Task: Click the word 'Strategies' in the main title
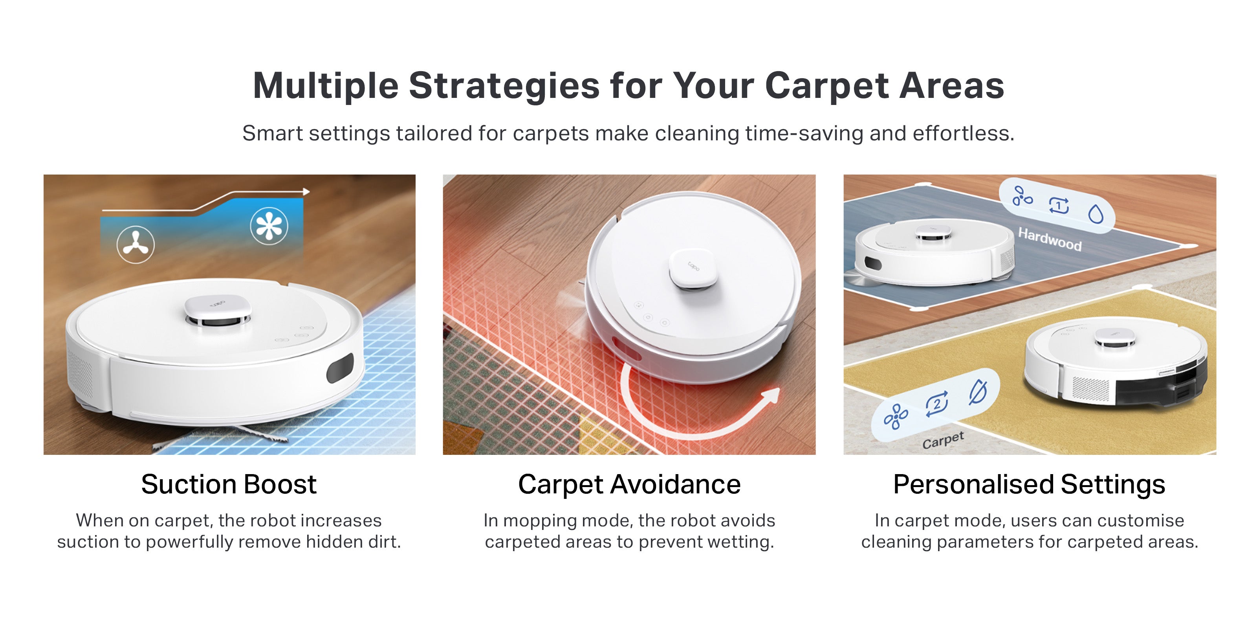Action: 504,86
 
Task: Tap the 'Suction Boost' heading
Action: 229,484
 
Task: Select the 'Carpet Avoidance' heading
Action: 629,484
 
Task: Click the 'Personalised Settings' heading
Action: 1029,484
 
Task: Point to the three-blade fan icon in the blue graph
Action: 136,244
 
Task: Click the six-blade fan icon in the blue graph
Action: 269,226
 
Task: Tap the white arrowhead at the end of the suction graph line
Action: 306,192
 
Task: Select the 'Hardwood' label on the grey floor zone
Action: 1050,239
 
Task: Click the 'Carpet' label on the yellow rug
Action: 943,440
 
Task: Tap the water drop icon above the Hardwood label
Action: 1096,214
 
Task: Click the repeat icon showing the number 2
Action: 937,404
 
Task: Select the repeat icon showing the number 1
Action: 1059,206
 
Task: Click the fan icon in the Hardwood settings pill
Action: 1022,196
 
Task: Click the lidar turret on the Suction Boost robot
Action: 218,311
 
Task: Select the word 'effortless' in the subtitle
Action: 963,133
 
